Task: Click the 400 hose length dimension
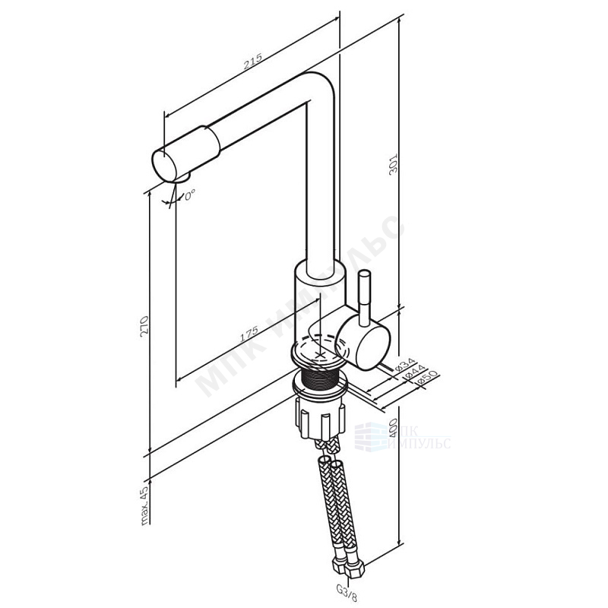coord(394,435)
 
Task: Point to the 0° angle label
coord(189,195)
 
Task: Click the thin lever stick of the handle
coord(363,293)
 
